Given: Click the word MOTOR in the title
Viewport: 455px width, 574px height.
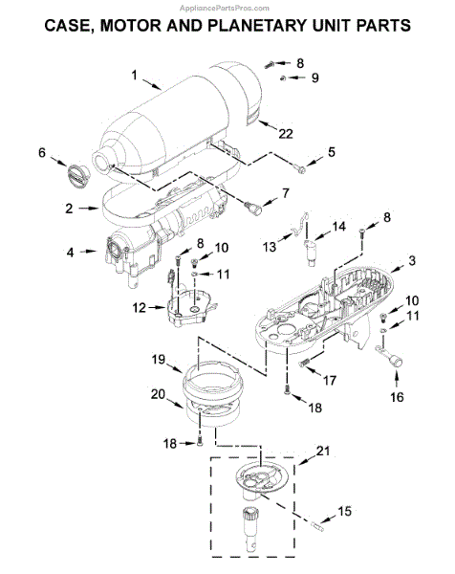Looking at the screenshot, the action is (131, 26).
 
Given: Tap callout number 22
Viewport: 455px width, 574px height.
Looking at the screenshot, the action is (286, 134).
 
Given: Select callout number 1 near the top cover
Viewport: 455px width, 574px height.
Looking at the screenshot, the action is (134, 76).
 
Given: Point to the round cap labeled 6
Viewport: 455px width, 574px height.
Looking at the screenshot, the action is (78, 177).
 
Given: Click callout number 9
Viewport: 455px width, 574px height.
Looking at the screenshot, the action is (314, 77).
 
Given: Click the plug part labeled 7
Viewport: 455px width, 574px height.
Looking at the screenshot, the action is (254, 208).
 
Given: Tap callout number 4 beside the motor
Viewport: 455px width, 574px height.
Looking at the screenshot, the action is (70, 253).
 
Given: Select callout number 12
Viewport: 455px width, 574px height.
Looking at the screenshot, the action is (139, 308).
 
